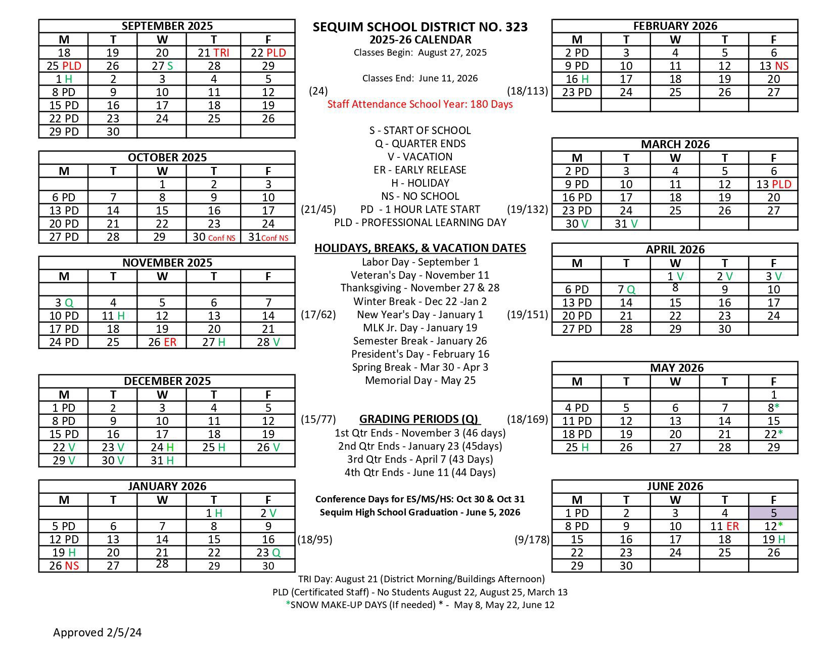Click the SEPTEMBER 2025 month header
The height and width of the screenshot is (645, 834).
[x=167, y=26]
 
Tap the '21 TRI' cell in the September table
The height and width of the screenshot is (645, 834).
[x=213, y=53]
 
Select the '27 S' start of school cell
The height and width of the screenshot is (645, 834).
[x=162, y=66]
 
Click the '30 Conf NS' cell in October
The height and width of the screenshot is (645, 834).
[x=213, y=237]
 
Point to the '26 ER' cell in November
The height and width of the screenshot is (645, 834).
[x=162, y=342]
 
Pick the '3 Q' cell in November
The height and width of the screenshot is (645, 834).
[x=64, y=303]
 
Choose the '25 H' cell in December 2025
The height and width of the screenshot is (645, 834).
[x=213, y=447]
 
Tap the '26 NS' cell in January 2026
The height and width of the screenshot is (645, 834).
[x=64, y=566]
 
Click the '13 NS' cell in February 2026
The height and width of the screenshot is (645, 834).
[x=773, y=66]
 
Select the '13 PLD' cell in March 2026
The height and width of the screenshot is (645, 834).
[x=773, y=184]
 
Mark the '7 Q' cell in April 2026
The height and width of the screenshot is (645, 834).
[x=626, y=289]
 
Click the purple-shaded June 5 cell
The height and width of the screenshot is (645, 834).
[x=773, y=513]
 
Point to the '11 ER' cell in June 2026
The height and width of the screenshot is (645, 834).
[x=724, y=526]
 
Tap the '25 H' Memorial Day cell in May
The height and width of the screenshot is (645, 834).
[x=577, y=447]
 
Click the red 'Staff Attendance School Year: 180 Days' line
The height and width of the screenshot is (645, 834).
[x=420, y=104]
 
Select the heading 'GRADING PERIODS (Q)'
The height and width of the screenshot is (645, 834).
[x=420, y=419]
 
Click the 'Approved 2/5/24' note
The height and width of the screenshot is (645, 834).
[x=98, y=632]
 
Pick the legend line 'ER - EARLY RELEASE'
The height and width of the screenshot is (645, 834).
[x=420, y=170]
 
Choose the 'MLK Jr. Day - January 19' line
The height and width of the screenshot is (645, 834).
[x=420, y=328]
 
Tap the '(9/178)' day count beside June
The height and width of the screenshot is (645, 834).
[x=532, y=539]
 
